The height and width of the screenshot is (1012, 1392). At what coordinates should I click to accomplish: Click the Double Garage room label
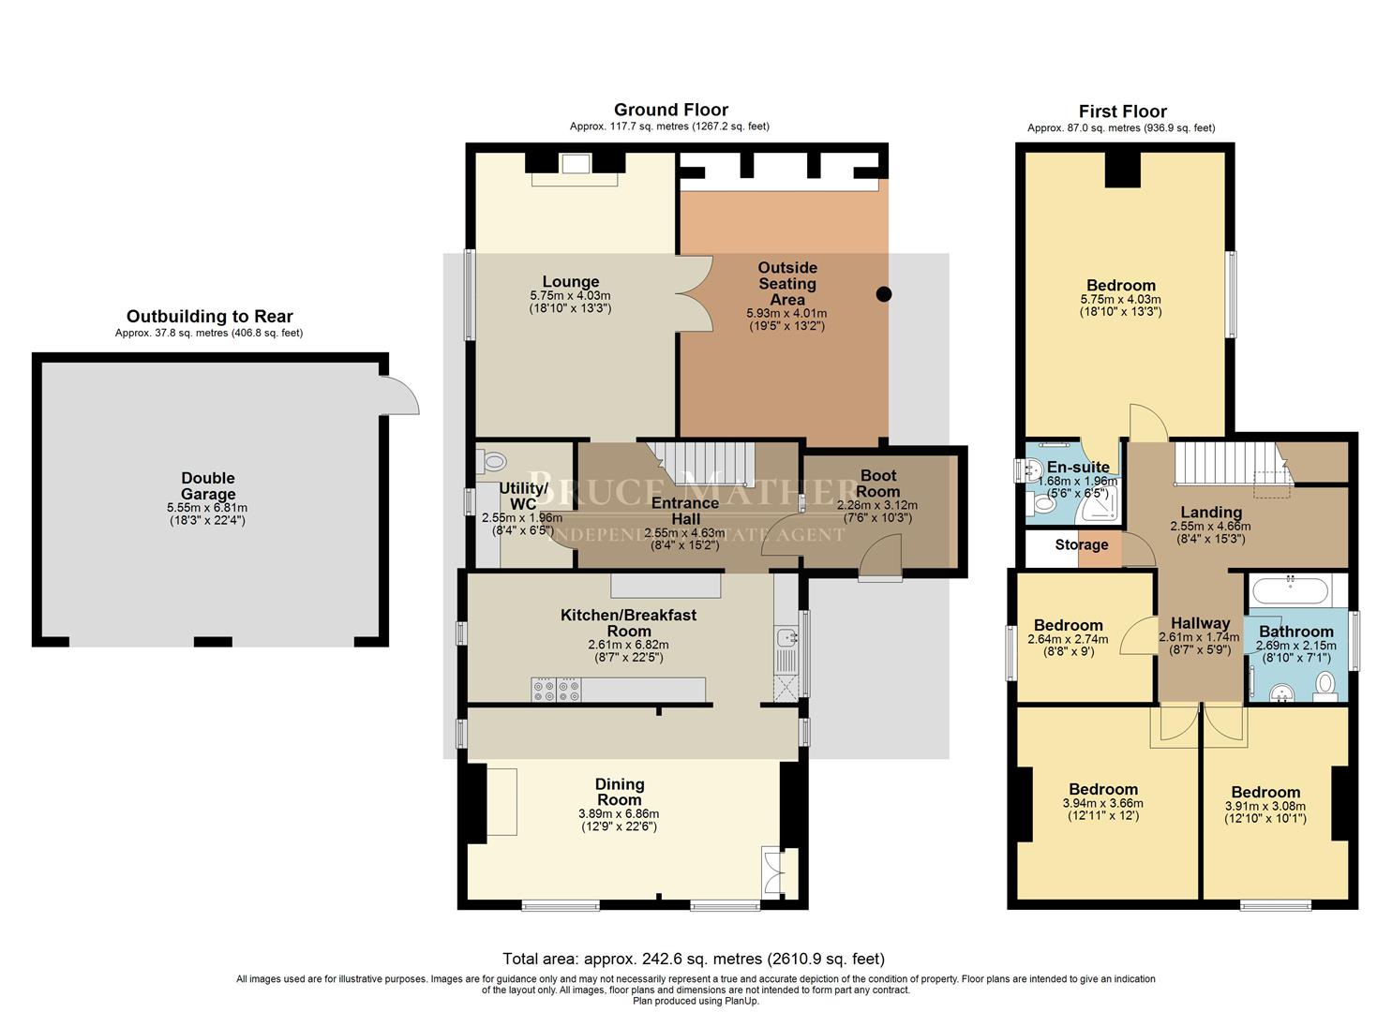point(208,486)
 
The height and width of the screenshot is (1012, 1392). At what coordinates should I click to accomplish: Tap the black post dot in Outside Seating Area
point(883,294)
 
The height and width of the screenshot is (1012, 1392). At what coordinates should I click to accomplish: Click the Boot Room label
point(877,484)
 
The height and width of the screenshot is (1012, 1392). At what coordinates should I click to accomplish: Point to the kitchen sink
point(786,639)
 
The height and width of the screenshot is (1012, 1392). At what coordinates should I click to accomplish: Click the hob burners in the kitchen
point(556,691)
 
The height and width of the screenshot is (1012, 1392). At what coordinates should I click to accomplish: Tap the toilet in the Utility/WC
point(492,461)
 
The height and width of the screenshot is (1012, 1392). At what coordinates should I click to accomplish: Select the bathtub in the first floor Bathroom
point(1290,592)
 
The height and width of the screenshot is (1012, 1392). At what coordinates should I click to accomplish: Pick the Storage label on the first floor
point(1081,544)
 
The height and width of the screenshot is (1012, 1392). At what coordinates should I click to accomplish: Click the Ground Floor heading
point(670,110)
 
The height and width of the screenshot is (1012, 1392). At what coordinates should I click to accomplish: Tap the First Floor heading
point(1122,112)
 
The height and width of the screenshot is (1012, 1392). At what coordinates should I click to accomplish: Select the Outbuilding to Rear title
point(209,317)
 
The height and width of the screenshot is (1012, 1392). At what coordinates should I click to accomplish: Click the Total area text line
point(694,959)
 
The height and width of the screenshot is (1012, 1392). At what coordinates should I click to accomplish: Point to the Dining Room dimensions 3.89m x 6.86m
point(619,814)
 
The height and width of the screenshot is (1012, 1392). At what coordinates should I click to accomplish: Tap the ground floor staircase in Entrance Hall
point(710,462)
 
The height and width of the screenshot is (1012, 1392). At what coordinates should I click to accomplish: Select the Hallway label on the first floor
point(1200,623)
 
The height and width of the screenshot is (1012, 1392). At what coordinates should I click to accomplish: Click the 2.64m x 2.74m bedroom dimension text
point(1068,639)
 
